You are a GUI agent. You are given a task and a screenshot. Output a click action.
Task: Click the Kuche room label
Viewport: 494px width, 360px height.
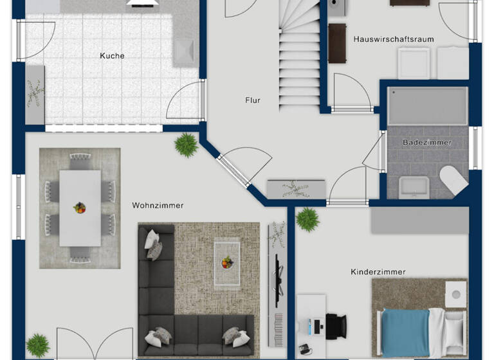112,56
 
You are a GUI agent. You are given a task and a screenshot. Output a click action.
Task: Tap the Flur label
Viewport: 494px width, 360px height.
253,100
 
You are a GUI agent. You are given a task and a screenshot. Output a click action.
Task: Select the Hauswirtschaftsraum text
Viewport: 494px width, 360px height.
394,39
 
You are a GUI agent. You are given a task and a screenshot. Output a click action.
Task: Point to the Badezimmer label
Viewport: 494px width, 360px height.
427,142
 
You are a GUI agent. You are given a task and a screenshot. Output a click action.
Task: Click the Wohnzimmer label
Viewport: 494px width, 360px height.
158,206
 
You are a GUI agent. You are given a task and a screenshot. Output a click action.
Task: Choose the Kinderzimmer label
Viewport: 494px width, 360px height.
378,272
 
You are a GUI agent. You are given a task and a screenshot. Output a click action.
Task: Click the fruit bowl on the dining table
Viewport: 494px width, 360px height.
80,208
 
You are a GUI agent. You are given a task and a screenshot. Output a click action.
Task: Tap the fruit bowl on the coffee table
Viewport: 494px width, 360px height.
226,262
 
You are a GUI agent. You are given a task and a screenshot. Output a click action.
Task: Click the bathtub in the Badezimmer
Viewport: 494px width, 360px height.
427,107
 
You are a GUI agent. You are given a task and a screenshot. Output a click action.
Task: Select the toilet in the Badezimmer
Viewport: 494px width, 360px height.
454,179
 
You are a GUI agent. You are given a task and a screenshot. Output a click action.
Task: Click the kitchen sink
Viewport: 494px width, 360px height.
185,52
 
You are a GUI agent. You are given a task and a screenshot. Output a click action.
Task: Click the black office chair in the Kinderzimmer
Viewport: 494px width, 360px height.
335,325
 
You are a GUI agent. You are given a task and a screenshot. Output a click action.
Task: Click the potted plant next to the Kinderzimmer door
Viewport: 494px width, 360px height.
307,219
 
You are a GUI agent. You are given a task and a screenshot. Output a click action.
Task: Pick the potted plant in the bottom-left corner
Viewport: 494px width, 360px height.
38,345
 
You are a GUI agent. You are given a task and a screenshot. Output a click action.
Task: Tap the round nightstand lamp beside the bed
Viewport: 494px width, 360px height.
456,294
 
